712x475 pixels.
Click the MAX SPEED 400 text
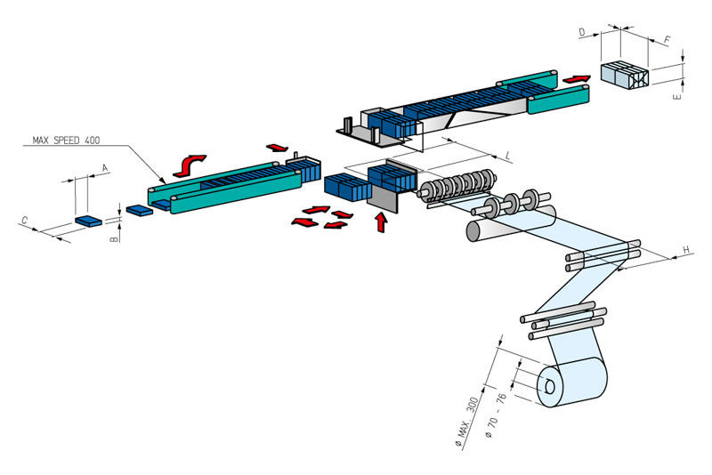point(65,141)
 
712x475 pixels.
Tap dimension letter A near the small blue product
point(105,167)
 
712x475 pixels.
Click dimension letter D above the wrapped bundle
point(581,32)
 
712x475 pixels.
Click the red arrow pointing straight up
point(382,221)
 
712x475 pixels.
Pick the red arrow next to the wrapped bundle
point(576,80)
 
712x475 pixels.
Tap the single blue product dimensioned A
point(88,220)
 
